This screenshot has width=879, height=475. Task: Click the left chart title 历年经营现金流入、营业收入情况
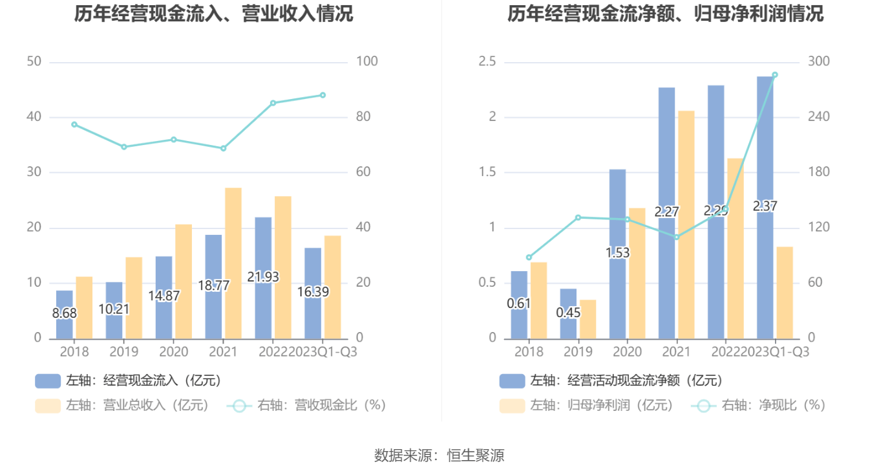click(x=213, y=14)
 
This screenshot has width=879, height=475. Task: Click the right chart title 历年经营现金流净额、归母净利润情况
click(x=665, y=14)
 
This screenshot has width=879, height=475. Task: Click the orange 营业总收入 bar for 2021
click(x=233, y=263)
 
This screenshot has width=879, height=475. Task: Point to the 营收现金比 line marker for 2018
click(x=74, y=124)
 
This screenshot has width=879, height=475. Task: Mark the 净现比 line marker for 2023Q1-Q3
click(x=775, y=75)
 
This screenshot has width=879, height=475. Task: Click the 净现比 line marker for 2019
click(x=578, y=217)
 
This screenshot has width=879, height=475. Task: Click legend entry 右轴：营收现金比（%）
click(x=306, y=406)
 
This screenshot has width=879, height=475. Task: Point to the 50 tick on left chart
click(x=34, y=62)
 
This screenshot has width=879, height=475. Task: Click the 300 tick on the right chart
click(x=819, y=62)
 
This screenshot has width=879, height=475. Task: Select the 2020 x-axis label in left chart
click(x=174, y=352)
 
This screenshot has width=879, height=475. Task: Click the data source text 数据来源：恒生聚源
click(x=439, y=456)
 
